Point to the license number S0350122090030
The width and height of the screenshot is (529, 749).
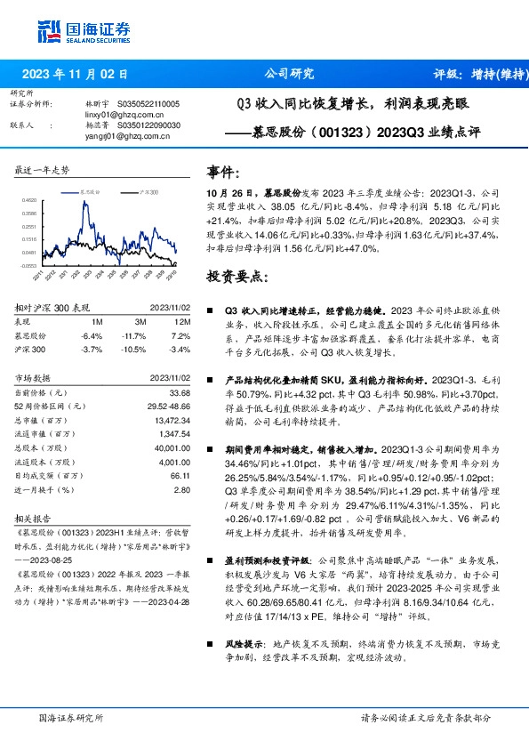pos(145,125)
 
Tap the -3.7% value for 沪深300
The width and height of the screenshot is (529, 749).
pos(92,350)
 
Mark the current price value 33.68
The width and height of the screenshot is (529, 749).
pos(179,392)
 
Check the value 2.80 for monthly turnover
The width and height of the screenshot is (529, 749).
pos(182,489)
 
